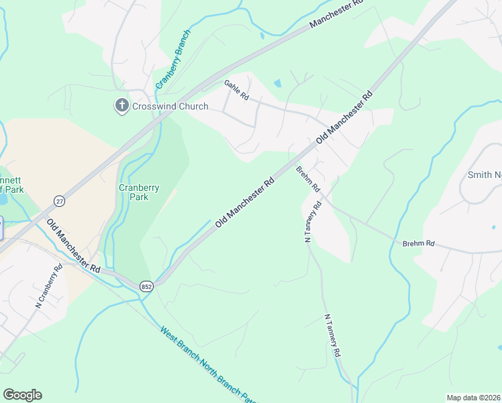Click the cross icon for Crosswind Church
coord(121,105)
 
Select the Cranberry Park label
coord(139,193)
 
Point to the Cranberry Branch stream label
coord(173,60)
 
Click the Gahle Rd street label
coord(236,91)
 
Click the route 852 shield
coord(146,286)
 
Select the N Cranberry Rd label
coord(49,286)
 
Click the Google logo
coord(22,395)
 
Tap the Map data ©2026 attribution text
coord(473,398)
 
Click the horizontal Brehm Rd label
coord(419,243)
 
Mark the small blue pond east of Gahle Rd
coord(277,83)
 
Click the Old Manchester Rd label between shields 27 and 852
coord(73,244)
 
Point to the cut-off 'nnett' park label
coord(12,183)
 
